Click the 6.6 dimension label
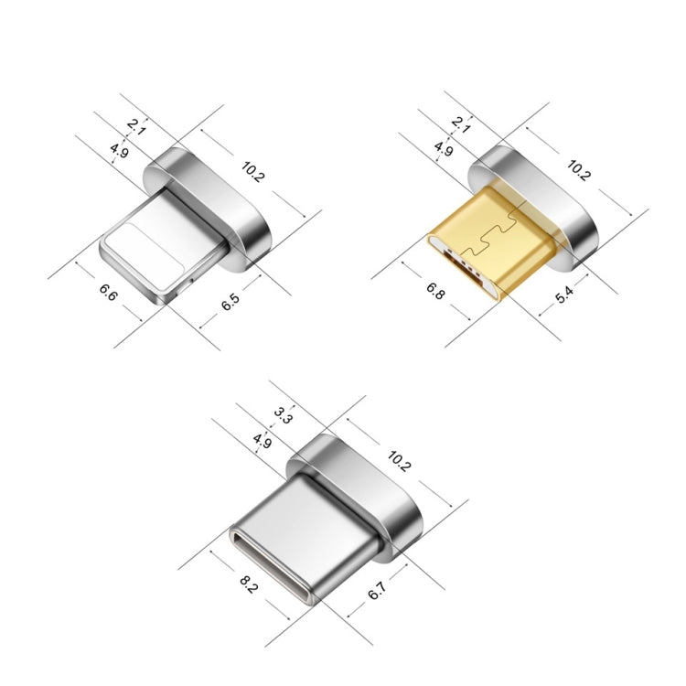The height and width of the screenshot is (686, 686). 108,294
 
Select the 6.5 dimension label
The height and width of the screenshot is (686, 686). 230,301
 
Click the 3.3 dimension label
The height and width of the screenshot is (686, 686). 284,417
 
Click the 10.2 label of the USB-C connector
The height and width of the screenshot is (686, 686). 399,460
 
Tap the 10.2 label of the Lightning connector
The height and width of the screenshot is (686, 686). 252,171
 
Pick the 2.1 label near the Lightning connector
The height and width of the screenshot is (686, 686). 137,126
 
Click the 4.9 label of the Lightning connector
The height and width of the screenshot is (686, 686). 118,150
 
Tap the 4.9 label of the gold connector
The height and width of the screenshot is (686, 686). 444,149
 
